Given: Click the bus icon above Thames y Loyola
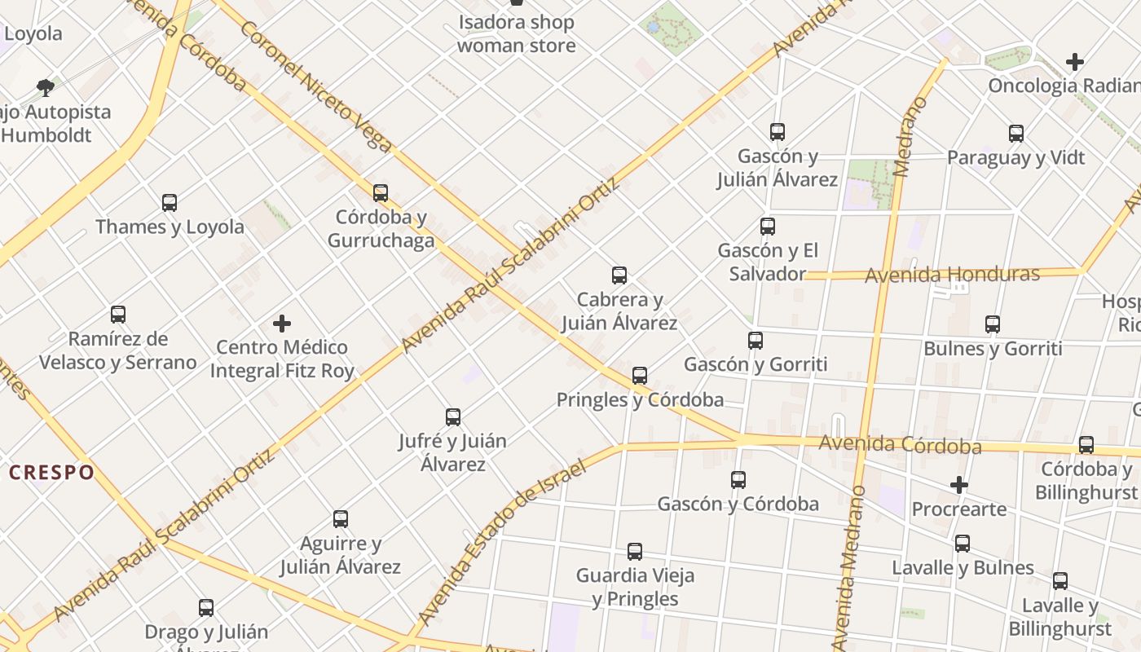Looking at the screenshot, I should pos(170,203).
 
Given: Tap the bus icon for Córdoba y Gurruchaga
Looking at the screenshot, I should pos(381,193).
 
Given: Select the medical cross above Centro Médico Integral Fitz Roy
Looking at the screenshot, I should pos(282,324).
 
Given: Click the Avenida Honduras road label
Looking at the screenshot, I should pos(952,275).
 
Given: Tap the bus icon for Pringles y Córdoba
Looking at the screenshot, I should pos(640,376).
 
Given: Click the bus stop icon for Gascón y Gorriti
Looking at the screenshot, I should pos(756,341).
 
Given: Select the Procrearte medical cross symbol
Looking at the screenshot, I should pos(959,486).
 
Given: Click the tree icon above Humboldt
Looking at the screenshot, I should pos(46,88).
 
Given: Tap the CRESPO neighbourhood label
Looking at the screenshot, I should pos(52,473).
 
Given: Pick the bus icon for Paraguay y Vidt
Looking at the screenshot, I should pos(1016,134).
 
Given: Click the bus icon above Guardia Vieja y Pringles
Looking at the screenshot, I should pos(635,552).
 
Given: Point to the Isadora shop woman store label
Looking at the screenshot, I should pos(516,33).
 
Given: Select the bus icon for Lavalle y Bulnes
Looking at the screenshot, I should pos(963,544).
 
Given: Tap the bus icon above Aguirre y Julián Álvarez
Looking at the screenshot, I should pos(341,519).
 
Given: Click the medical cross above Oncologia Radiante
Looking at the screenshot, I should pos(1075,62).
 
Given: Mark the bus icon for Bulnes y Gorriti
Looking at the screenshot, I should pos(993,324).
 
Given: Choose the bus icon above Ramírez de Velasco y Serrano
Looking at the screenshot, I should pos(118,315).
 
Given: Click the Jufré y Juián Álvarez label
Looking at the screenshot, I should pos(452,452).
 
